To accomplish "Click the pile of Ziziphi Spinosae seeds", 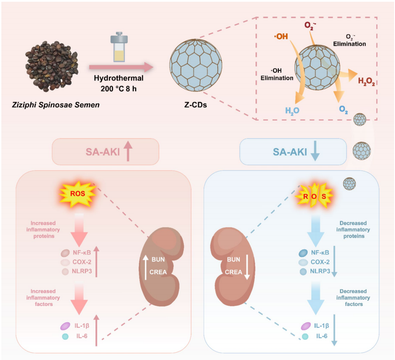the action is click(x=51, y=66).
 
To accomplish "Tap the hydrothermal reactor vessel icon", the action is click(x=119, y=47).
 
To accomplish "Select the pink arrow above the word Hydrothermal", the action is click(x=121, y=67).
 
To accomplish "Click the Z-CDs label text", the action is click(x=195, y=105).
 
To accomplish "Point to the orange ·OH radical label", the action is click(x=281, y=37).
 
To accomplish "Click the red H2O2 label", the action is click(x=366, y=81).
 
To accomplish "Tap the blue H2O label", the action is click(x=292, y=110).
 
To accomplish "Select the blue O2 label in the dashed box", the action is click(x=344, y=110).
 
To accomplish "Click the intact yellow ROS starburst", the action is click(x=77, y=194).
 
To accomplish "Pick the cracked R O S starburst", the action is click(x=315, y=196).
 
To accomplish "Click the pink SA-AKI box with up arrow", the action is click(x=106, y=152).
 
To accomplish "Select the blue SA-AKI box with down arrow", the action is click(x=293, y=152).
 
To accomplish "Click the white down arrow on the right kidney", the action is click(x=247, y=268).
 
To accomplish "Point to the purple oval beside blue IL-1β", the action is click(x=306, y=326).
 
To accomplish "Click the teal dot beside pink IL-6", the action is click(x=65, y=336).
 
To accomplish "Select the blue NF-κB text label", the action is click(x=320, y=253).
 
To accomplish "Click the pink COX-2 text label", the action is click(x=82, y=262).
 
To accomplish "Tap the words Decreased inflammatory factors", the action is click(x=353, y=298).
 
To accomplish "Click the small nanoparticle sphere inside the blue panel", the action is click(x=349, y=184).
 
